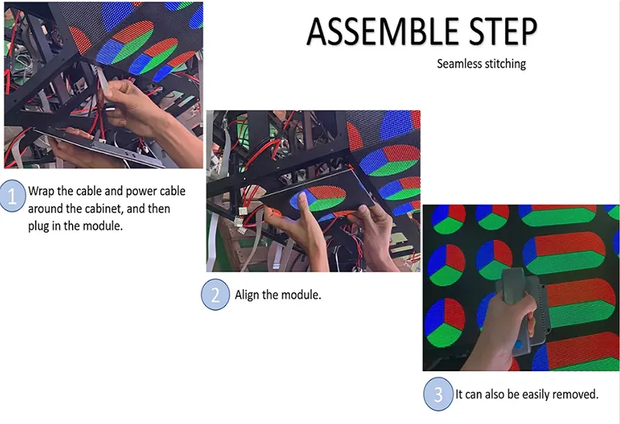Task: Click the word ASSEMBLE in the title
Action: (x=383, y=32)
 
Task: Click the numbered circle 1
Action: (x=13, y=196)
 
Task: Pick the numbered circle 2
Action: (x=215, y=295)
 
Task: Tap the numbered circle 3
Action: (x=438, y=394)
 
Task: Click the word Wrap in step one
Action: (x=41, y=191)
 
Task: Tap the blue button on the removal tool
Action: (x=518, y=345)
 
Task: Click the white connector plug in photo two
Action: (x=240, y=222)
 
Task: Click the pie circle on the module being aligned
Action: (x=319, y=198)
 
